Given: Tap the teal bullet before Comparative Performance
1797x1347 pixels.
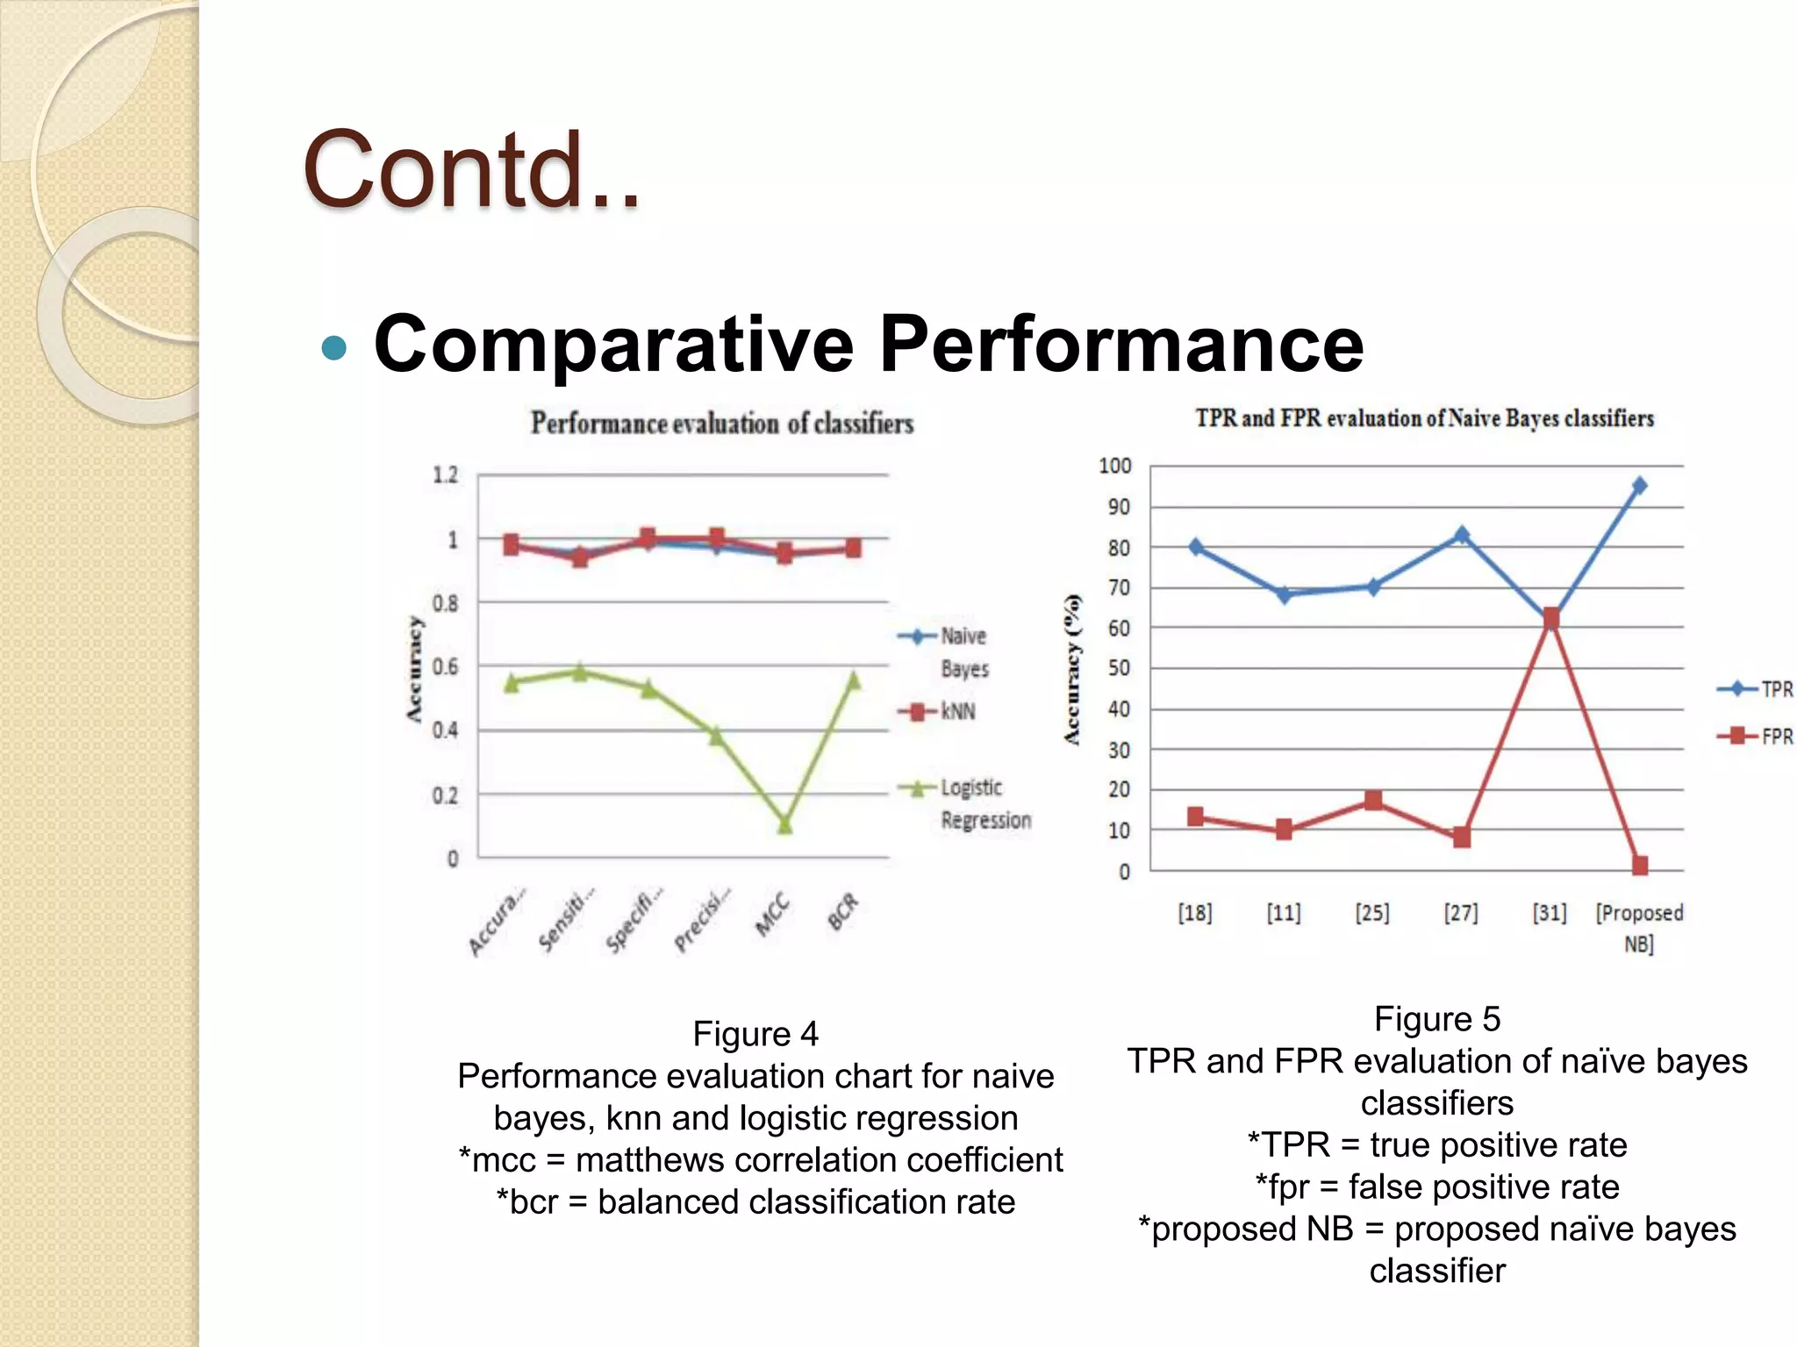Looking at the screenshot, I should pyautogui.click(x=334, y=348).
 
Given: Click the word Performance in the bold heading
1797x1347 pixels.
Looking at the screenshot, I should pyautogui.click(x=1120, y=344).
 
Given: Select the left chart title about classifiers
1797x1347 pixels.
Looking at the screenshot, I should pyautogui.click(x=721, y=424).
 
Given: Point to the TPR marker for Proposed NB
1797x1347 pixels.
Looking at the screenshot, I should pyautogui.click(x=1639, y=485).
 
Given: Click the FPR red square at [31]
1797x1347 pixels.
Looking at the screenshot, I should pyautogui.click(x=1550, y=618).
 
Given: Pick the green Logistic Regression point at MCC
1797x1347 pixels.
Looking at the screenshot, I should pyautogui.click(x=784, y=824).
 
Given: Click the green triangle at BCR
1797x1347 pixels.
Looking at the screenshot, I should pyautogui.click(x=853, y=681).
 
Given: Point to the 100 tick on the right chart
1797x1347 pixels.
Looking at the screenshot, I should pyautogui.click(x=1114, y=466).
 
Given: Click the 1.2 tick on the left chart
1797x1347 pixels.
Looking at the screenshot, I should pyautogui.click(x=446, y=475).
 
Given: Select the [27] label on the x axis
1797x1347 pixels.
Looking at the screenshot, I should pyautogui.click(x=1461, y=913).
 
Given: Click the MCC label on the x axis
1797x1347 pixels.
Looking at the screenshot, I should pyautogui.click(x=772, y=916).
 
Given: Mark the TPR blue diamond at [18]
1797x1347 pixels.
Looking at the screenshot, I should pyautogui.click(x=1195, y=546).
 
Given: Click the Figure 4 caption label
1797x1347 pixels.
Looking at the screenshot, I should pyautogui.click(x=755, y=1034).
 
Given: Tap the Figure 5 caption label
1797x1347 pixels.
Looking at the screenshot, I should pyautogui.click(x=1437, y=1019).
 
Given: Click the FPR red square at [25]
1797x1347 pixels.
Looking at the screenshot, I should pyautogui.click(x=1373, y=801).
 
